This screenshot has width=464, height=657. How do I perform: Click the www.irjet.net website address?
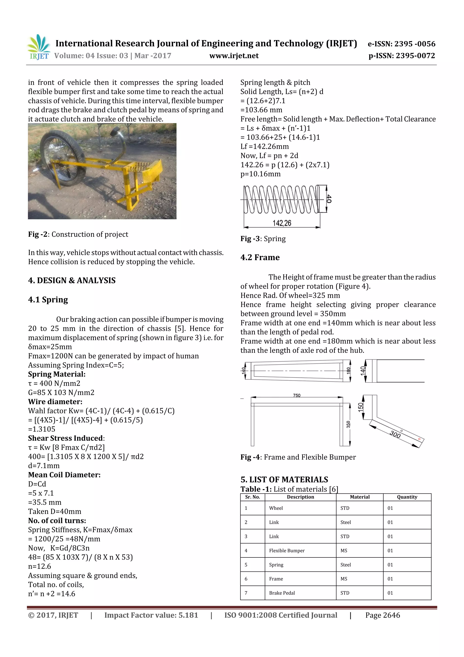click(234, 56)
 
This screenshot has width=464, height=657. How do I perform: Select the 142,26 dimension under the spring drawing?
click(282, 223)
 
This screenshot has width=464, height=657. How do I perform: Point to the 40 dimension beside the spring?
click(329, 199)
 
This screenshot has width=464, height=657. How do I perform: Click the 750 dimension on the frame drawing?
click(297, 395)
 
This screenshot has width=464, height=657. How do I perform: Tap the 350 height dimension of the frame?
click(348, 424)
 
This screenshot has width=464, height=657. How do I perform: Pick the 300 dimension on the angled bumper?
click(395, 434)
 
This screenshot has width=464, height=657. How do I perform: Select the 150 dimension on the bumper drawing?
click(360, 407)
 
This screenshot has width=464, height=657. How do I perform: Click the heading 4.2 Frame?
click(260, 257)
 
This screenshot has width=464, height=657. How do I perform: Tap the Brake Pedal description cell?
click(282, 593)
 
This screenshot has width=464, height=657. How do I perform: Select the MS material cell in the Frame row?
click(344, 579)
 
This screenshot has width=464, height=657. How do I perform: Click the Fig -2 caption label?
click(37, 234)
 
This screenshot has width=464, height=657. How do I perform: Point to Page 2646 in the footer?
click(382, 615)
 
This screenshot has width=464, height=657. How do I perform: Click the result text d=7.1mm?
click(44, 466)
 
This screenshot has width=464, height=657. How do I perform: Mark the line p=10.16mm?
click(261, 174)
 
